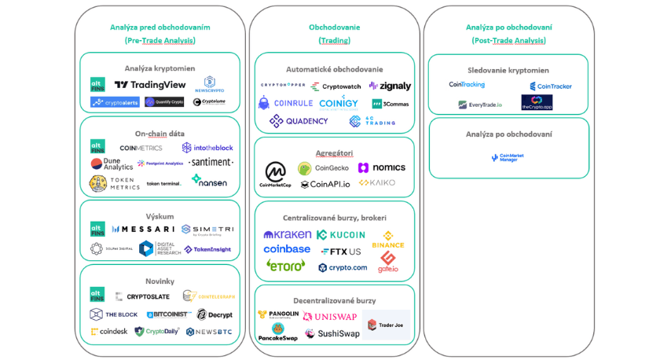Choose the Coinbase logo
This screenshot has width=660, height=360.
(x=287, y=249)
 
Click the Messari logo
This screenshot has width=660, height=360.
(x=143, y=230)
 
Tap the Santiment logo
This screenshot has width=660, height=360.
(x=211, y=163)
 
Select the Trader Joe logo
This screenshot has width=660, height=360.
(x=386, y=325)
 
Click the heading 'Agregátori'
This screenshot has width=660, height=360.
(x=334, y=152)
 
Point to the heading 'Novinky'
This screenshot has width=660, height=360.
(x=159, y=281)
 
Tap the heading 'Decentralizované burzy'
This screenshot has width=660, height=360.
(x=334, y=300)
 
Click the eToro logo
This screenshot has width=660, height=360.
(x=285, y=266)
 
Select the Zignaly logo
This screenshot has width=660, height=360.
(x=390, y=86)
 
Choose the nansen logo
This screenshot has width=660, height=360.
(x=208, y=181)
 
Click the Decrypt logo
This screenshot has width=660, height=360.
(x=214, y=314)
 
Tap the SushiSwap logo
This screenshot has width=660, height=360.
(x=332, y=333)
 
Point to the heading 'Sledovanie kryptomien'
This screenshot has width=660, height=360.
(x=508, y=70)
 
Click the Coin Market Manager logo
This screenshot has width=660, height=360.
(x=507, y=158)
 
